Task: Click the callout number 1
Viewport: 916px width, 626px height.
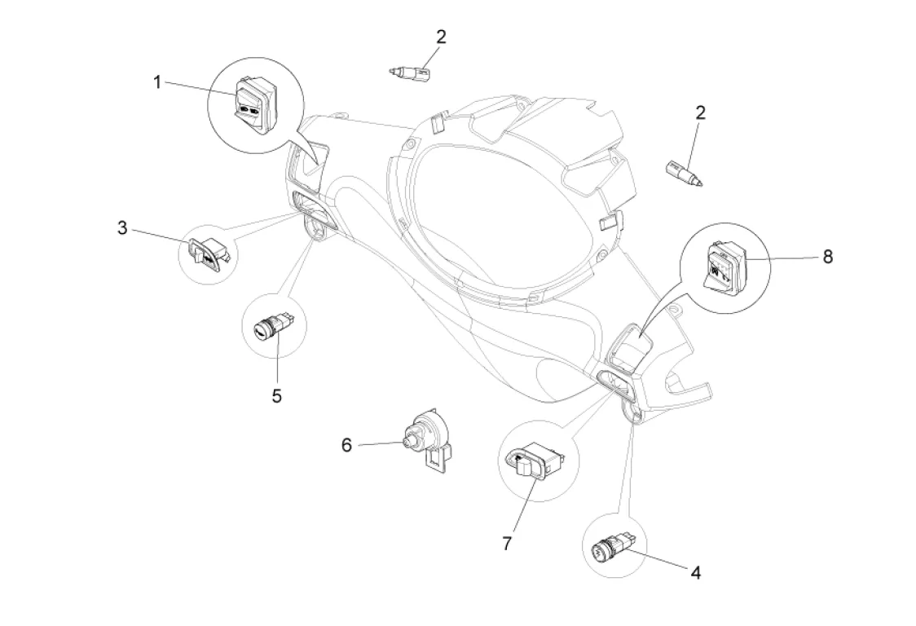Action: [158, 82]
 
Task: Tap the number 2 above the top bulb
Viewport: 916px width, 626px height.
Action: [441, 36]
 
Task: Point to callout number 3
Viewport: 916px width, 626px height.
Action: [122, 227]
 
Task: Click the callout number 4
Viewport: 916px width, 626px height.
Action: [695, 572]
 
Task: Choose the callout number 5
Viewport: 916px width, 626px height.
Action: [277, 395]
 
